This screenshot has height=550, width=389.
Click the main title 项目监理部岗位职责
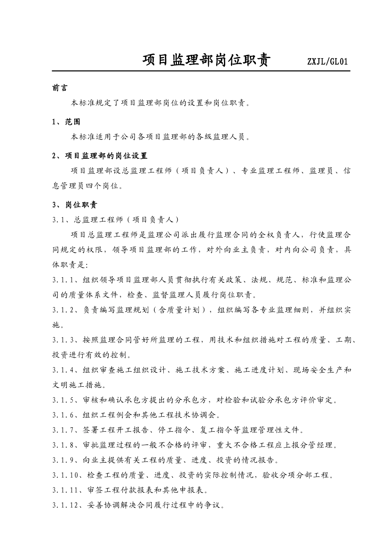click(x=206, y=61)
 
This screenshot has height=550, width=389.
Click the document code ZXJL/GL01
click(x=327, y=62)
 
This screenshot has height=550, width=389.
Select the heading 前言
click(x=60, y=88)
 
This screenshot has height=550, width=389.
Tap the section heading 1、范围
click(x=66, y=122)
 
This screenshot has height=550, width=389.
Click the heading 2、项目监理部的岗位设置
click(x=100, y=156)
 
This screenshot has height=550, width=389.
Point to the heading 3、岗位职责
click(x=75, y=205)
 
